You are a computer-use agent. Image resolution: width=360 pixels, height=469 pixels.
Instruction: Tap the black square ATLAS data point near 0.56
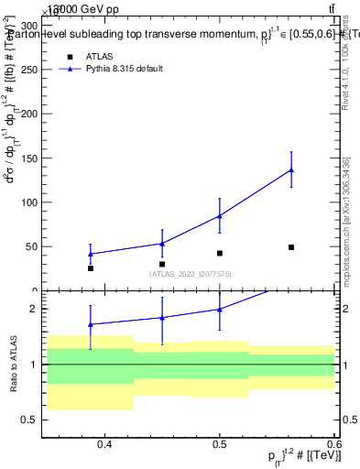coord(290,247)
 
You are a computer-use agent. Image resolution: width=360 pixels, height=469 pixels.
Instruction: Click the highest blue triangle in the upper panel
coord(290,169)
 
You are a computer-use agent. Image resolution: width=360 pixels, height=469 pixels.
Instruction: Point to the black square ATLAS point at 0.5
coord(220,253)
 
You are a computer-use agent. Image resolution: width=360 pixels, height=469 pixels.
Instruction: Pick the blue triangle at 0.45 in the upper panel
coord(162,244)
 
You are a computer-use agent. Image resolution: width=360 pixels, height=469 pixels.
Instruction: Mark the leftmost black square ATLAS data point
coord(91,268)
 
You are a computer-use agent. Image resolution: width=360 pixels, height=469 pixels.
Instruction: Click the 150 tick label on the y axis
coord(29,158)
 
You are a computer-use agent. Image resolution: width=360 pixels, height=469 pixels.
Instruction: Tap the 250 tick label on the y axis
coord(29,70)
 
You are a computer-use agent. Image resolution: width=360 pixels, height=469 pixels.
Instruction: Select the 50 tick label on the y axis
coord(32,246)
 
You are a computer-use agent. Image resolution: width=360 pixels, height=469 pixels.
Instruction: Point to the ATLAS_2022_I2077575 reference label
coord(191,274)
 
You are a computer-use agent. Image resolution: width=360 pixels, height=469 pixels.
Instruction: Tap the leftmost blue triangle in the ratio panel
coord(91,324)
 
